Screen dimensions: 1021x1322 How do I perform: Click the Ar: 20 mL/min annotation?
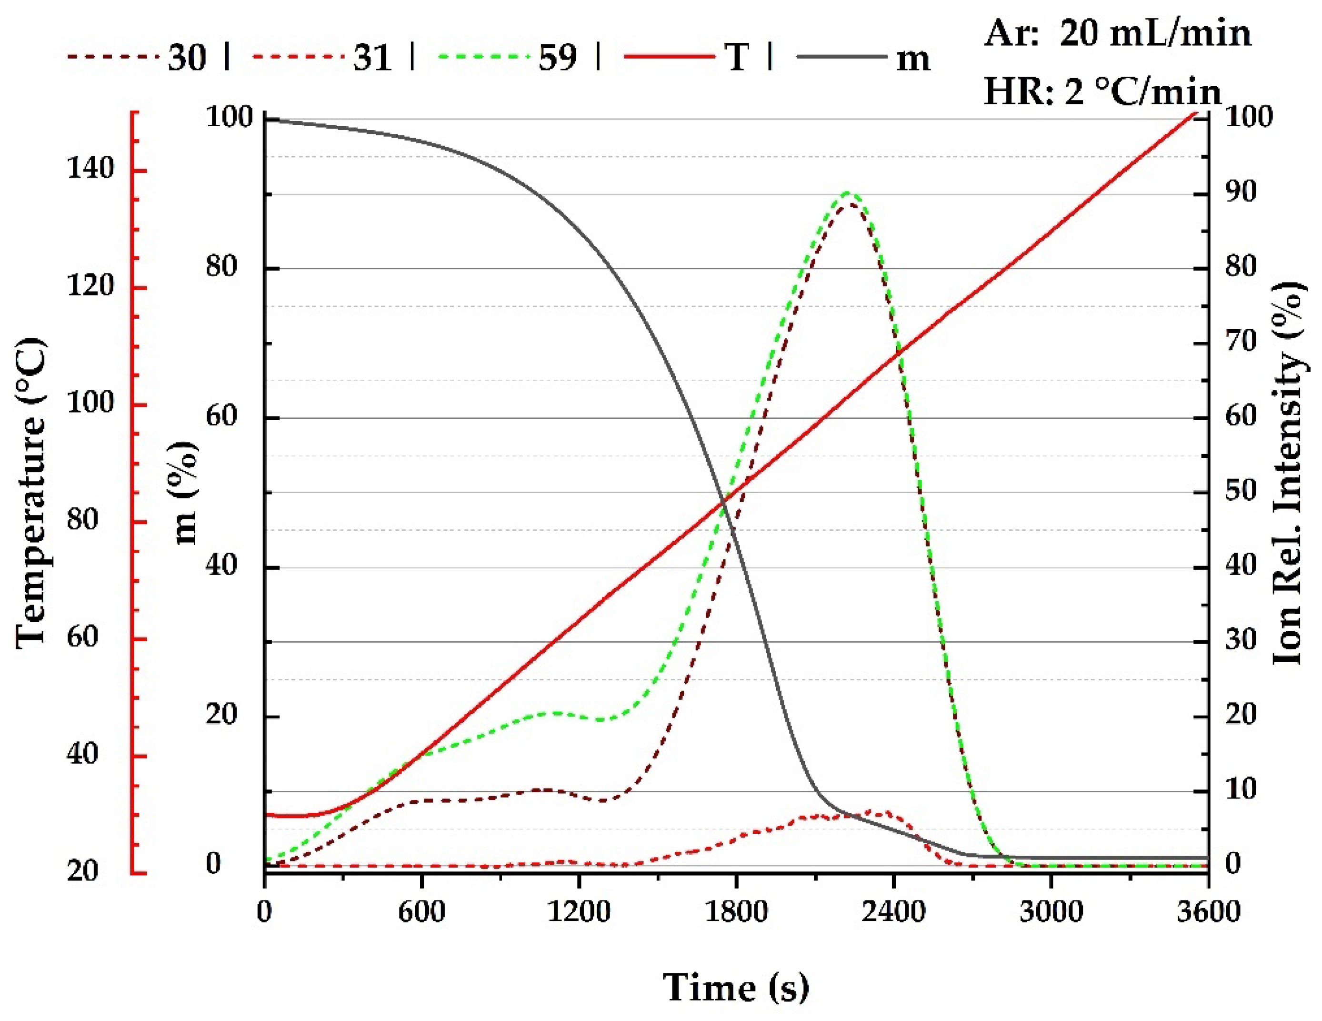[x=1117, y=34]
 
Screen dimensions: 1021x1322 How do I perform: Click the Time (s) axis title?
[x=735, y=988]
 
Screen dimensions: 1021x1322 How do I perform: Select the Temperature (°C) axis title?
[x=30, y=494]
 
